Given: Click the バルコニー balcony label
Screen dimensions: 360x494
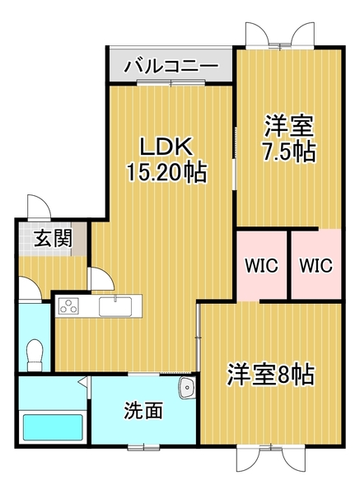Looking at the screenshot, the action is click(x=171, y=66).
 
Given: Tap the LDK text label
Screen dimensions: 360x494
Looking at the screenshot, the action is click(x=166, y=147).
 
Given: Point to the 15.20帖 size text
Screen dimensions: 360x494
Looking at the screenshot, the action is click(x=166, y=172).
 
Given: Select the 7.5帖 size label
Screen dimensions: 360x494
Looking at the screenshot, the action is click(x=289, y=152).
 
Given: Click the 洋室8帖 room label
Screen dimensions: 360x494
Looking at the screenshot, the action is click(x=270, y=375).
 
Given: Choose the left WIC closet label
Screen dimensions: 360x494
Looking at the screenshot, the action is click(x=262, y=265).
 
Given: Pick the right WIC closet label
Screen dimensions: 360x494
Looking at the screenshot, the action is click(x=316, y=265).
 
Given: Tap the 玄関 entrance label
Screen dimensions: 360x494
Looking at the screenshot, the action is click(x=53, y=238).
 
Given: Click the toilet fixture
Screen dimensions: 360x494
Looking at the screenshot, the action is click(x=35, y=355).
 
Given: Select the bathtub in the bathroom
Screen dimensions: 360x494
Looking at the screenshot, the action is click(x=53, y=426).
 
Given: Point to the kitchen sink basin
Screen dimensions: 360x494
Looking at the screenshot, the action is click(x=115, y=306).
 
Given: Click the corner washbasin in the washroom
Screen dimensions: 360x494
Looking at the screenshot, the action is click(x=188, y=388).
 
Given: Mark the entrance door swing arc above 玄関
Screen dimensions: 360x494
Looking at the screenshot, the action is click(x=39, y=207).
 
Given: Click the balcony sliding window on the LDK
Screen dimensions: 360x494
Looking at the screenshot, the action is click(x=171, y=83).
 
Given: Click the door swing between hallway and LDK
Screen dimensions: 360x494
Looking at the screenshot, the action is click(x=101, y=279).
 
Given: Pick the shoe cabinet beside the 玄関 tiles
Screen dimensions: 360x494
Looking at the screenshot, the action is click(x=79, y=239).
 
